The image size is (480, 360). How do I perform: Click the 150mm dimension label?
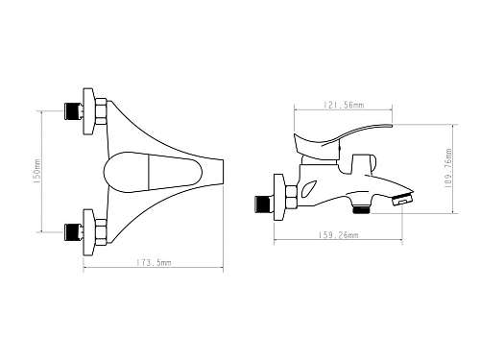pos(37,171)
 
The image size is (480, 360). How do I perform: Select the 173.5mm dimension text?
pos(154,263)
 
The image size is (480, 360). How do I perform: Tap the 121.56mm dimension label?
pos(344,105)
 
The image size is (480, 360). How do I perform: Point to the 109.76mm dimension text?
pos(448,168)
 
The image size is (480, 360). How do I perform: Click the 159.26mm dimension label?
pos(338,235)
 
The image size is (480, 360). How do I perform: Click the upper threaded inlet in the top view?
pos(72,111)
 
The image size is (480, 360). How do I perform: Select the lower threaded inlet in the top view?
pos(72,232)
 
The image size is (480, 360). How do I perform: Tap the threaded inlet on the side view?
pos(262,204)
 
